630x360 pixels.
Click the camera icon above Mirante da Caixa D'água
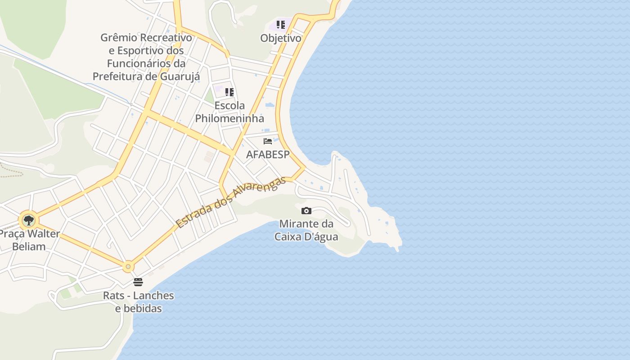tap(306, 211)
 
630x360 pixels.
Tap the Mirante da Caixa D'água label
tap(306, 230)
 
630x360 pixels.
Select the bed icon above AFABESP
tap(268, 141)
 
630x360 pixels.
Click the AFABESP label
tap(268, 154)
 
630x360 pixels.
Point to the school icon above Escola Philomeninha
tap(229, 92)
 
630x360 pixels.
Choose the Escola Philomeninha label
tap(229, 112)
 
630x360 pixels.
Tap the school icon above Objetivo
tap(281, 25)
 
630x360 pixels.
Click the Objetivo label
tap(281, 38)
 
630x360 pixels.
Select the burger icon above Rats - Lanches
tap(138, 282)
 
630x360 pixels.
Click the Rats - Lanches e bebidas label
tap(138, 302)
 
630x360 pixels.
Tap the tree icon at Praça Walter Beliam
tap(29, 220)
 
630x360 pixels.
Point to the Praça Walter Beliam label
tap(29, 240)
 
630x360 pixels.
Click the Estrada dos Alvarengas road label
tap(231, 202)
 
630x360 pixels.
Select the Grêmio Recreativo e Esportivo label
tap(146, 57)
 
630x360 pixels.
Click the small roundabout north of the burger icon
tap(128, 267)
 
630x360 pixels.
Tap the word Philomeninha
tap(229, 118)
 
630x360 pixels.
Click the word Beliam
tap(29, 247)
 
